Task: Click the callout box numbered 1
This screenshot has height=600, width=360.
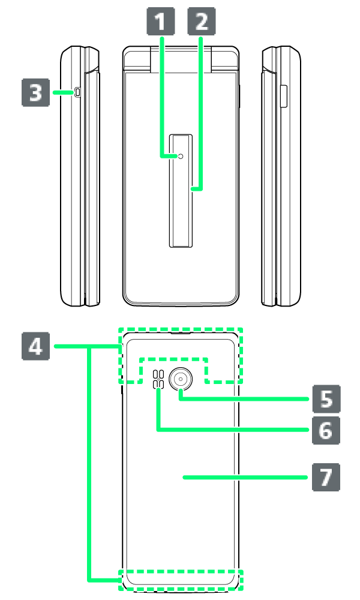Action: coord(161,22)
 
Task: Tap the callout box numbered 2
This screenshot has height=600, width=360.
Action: coord(201,22)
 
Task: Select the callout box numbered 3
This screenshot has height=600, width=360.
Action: coord(35,92)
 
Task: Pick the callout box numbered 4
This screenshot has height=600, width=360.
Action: coord(35,346)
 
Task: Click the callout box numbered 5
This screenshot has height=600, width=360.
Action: coord(326,399)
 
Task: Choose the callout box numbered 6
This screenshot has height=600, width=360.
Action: coord(326,430)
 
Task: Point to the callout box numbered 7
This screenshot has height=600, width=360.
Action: coord(326,477)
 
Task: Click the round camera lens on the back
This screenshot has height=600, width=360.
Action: coord(181,379)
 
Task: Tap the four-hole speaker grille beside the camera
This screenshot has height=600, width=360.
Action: coord(158,380)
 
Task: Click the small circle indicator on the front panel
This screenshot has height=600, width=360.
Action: coord(181,156)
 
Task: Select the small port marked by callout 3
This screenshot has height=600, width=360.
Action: coord(77,92)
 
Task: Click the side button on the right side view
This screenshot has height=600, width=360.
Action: coord(283,97)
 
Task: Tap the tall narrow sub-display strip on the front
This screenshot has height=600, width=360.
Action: coord(181,191)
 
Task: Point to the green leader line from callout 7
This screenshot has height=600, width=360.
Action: coord(245,477)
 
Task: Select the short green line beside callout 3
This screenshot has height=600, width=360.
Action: coord(63,92)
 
